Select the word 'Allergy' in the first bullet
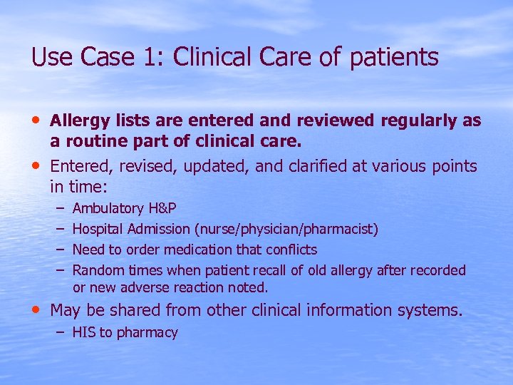tap(78, 121)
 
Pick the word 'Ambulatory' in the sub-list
tap(108, 209)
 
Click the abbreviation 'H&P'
tap(162, 209)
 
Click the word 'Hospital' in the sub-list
tap(98, 230)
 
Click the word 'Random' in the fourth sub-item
tap(97, 270)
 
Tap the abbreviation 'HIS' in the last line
tap(84, 332)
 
